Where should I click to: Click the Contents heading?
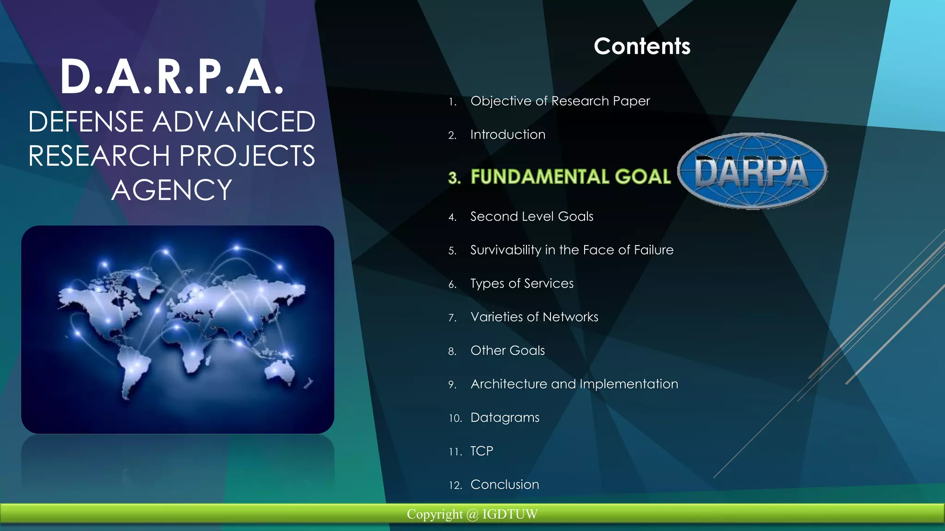(642, 47)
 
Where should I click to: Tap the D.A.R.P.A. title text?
(172, 77)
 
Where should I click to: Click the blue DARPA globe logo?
(752, 171)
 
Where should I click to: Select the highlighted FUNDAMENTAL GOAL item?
(570, 177)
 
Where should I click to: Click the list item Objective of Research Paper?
(560, 101)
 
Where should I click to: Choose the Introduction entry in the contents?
(508, 135)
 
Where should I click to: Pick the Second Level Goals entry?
(532, 217)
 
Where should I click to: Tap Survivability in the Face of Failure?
(572, 250)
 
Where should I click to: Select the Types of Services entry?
(522, 283)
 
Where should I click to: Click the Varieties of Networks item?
(534, 317)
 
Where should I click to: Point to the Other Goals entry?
(508, 351)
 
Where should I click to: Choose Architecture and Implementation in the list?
(574, 384)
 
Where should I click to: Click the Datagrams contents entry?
(505, 418)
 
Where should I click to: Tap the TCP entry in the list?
(482, 451)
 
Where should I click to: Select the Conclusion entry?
(505, 485)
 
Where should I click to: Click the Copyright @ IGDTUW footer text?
(472, 514)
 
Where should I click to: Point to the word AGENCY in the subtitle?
(172, 190)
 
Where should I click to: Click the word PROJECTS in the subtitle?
(247, 156)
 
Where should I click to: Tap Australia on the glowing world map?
(281, 372)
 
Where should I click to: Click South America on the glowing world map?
(134, 369)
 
